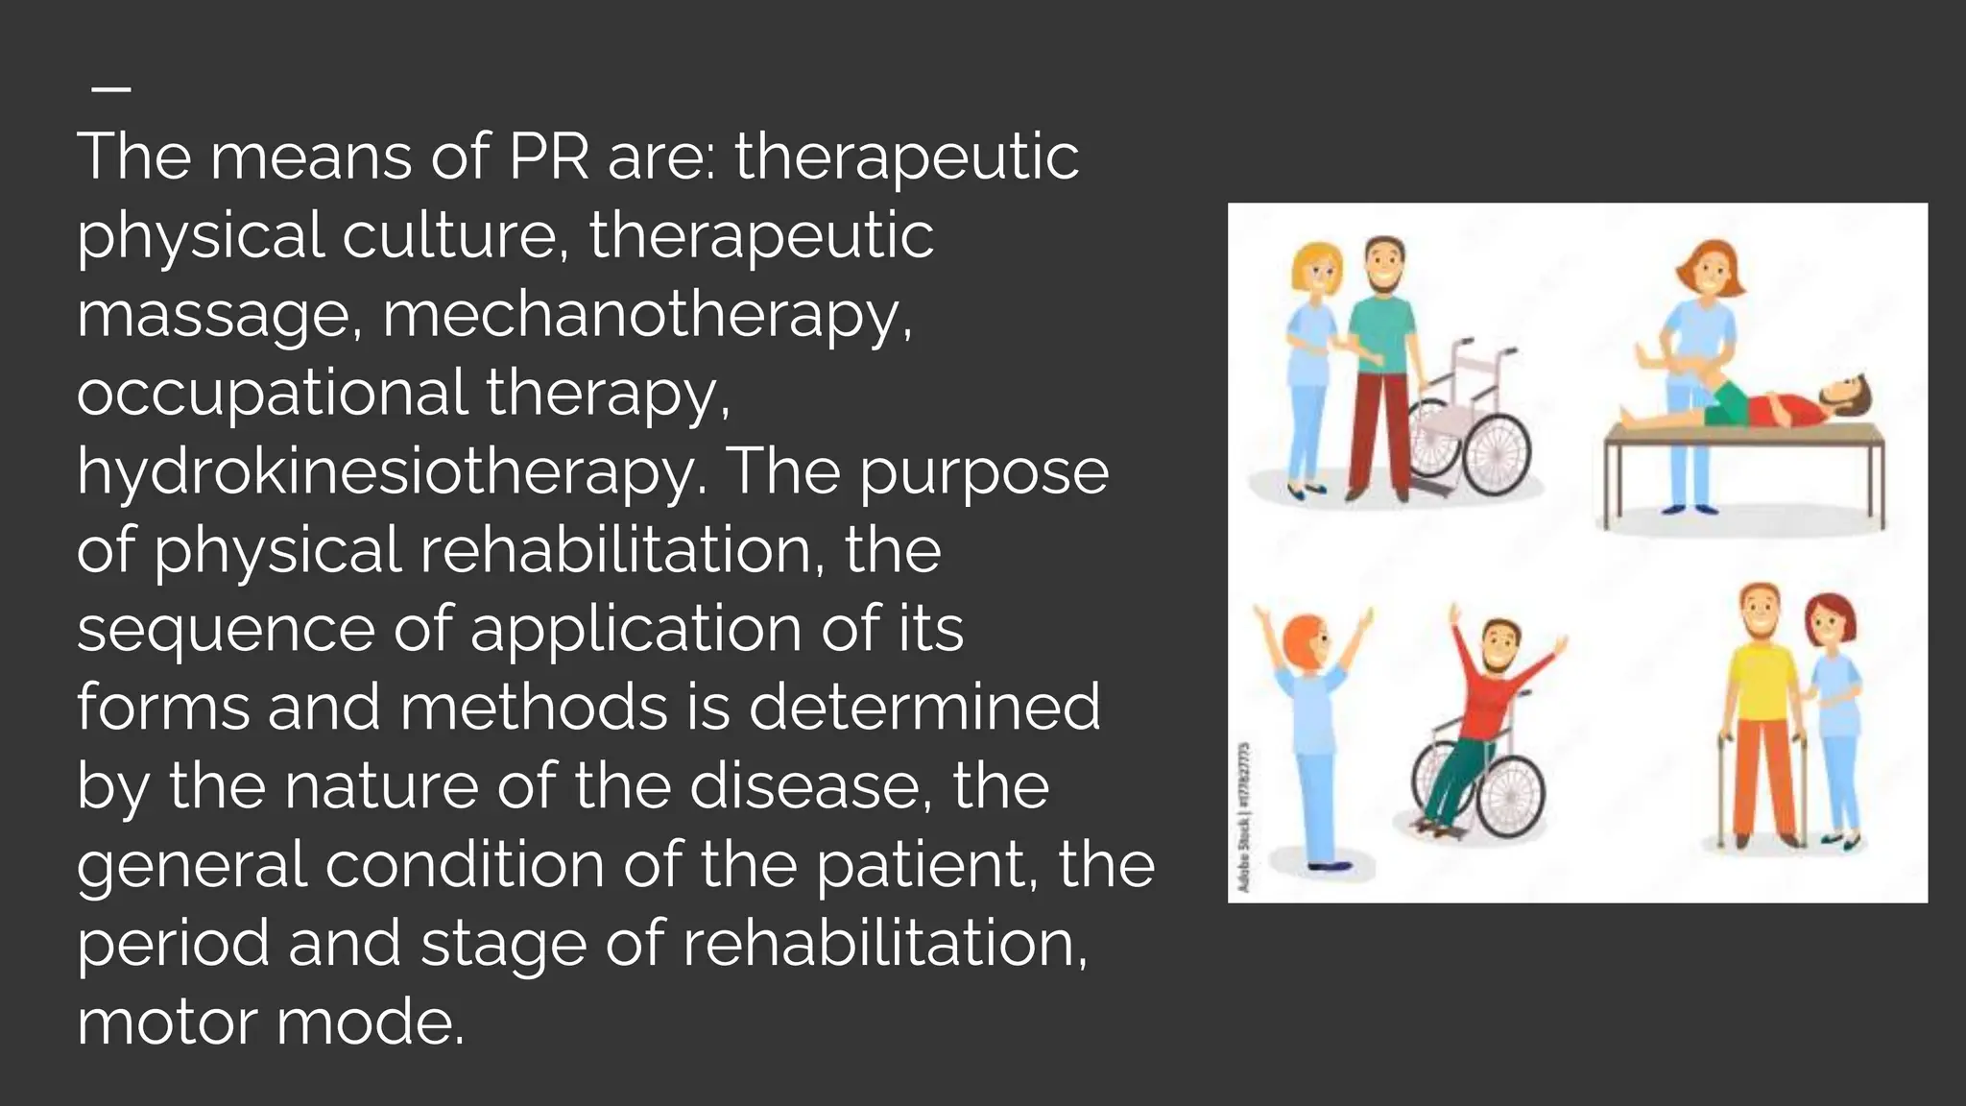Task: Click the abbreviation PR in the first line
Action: [548, 156]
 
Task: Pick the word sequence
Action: [226, 630]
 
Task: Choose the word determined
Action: [923, 708]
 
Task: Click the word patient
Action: [923, 865]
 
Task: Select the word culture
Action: [446, 236]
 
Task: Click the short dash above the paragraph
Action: [111, 88]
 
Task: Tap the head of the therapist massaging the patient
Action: [1710, 270]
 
